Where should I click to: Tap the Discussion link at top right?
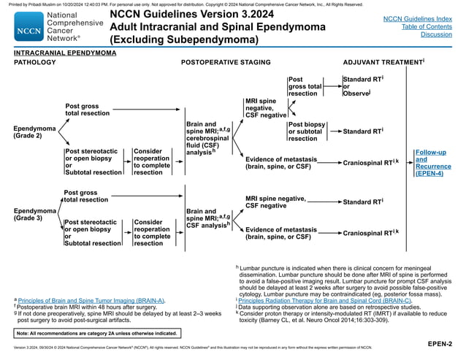pyautogui.click(x=436, y=34)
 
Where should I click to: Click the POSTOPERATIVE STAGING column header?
pyautogui.click(x=226, y=63)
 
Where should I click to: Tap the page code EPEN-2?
pyautogui.click(x=440, y=342)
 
